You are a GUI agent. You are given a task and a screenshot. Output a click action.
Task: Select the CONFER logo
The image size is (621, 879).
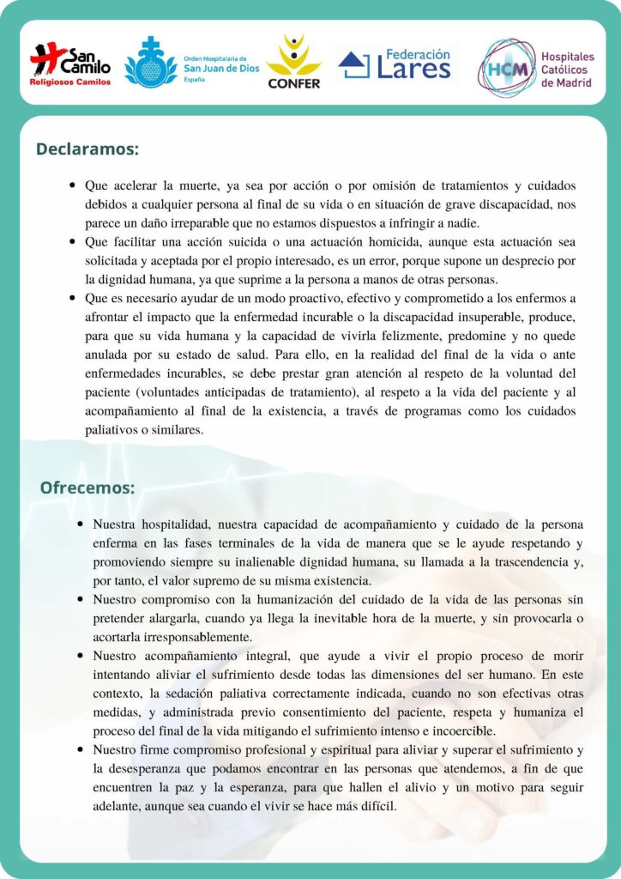(294, 62)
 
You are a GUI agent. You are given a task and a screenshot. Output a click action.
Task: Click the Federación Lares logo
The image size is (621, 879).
(395, 63)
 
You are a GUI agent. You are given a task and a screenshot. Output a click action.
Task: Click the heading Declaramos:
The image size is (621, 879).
(87, 149)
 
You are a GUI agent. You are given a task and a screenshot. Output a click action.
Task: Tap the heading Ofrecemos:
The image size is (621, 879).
(87, 488)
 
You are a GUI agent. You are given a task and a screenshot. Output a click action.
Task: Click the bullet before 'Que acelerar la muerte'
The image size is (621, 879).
(73, 185)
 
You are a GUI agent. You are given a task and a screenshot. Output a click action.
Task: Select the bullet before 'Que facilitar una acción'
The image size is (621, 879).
(73, 242)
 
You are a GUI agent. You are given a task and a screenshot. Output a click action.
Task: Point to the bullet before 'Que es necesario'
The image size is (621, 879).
(73, 299)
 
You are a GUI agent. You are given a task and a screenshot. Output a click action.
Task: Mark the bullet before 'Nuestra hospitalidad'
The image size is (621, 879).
(80, 524)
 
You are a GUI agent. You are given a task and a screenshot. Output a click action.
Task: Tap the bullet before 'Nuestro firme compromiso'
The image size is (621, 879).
(80, 750)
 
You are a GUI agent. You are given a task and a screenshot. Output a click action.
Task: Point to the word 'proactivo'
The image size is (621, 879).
(306, 298)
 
